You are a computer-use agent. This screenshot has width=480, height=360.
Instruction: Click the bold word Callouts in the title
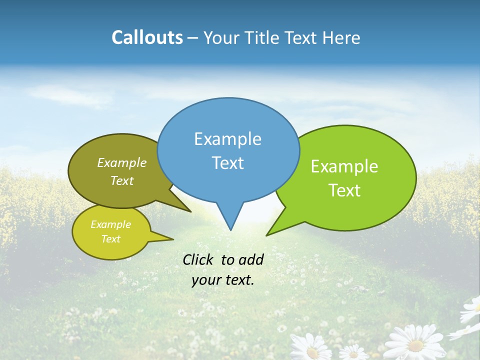(147, 37)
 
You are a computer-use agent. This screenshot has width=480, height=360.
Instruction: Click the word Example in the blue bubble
(227, 139)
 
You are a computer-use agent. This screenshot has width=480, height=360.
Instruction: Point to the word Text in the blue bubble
(227, 163)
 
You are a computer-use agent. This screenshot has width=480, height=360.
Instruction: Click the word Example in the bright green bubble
(344, 166)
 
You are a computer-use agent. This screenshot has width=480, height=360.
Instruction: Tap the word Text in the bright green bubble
(344, 190)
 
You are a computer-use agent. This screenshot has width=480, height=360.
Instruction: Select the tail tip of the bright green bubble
(267, 234)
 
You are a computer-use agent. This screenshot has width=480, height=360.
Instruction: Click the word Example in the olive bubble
(122, 162)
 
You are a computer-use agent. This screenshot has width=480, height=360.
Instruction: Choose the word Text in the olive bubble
(122, 180)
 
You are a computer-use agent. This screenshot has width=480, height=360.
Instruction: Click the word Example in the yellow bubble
(110, 224)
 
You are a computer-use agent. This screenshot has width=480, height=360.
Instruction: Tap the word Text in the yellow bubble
(110, 239)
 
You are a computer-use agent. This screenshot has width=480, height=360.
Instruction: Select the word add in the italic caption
(250, 259)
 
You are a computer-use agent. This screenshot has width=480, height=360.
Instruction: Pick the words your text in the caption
(222, 280)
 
